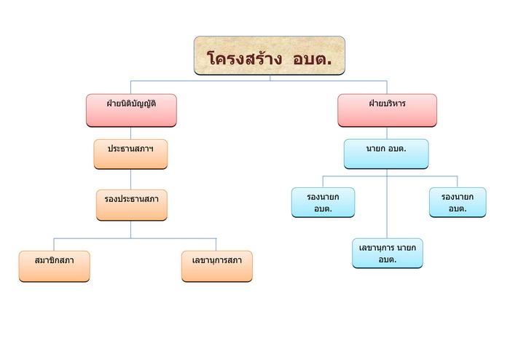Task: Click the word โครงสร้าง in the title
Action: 245,58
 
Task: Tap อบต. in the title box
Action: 313,58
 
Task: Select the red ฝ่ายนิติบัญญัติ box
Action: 131,110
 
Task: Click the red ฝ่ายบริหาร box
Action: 387,110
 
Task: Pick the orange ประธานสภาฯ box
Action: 130,154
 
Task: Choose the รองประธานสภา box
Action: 132,205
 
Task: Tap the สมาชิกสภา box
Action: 55,266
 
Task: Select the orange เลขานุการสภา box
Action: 217,266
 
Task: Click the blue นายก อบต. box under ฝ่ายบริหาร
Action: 386,154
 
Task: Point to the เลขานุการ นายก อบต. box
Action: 388,253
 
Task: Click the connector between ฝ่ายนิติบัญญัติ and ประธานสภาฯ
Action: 130,133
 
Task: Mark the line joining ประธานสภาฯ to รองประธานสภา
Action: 130,179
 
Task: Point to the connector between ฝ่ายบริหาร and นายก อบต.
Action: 387,133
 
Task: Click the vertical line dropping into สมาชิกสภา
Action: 54,245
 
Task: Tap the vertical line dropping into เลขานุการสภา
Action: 216,245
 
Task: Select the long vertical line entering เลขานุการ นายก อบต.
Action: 387,203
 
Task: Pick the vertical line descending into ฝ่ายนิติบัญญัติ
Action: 130,87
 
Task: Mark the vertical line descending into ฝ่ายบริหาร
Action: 387,87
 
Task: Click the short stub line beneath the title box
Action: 270,78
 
